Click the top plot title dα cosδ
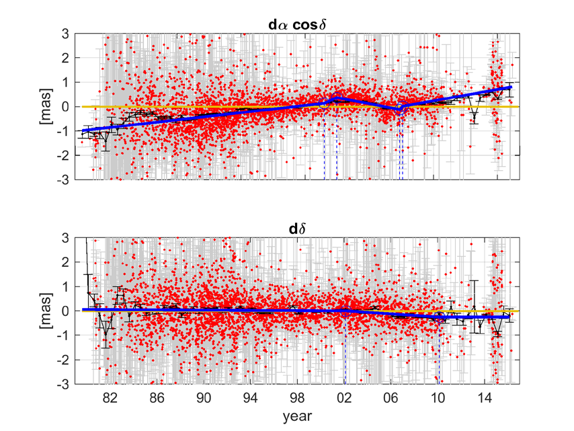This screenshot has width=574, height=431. pyautogui.click(x=297, y=25)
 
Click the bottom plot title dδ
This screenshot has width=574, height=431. pyautogui.click(x=297, y=229)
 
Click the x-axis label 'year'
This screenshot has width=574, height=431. pyautogui.click(x=297, y=417)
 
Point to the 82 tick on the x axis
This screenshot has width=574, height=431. pyautogui.click(x=111, y=397)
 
